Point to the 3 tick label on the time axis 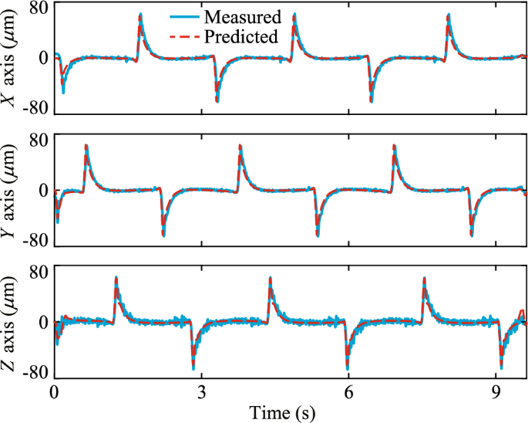pyautogui.click(x=201, y=391)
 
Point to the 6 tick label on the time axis pyautogui.click(x=348, y=391)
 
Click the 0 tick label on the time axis pyautogui.click(x=54, y=391)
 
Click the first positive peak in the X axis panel pyautogui.click(x=140, y=15)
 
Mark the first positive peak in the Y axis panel pyautogui.click(x=86, y=147)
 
